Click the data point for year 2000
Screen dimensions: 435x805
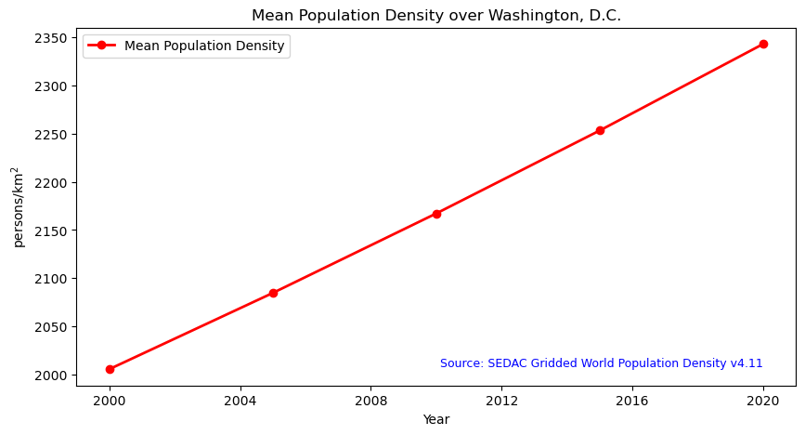click(110, 369)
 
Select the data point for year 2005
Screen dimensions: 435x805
click(273, 293)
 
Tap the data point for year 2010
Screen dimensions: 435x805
click(436, 214)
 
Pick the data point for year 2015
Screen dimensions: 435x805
click(600, 130)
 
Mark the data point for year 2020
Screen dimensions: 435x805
click(763, 44)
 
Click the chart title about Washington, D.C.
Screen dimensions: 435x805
click(436, 16)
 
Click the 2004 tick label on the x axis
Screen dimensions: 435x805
click(240, 401)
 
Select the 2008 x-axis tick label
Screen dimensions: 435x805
click(370, 401)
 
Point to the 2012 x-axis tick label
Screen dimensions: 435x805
click(501, 401)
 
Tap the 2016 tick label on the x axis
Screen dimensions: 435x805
click(632, 401)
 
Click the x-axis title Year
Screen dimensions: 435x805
click(436, 420)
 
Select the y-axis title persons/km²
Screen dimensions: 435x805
click(17, 207)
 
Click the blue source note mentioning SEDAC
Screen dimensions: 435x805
click(601, 363)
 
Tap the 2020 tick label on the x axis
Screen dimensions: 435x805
click(763, 401)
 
